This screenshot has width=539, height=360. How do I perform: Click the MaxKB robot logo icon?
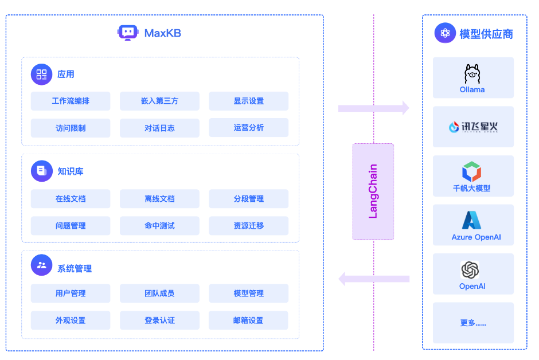[127, 33]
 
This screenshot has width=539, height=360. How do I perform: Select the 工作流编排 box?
[71, 101]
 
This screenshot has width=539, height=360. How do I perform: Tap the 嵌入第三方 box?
[159, 101]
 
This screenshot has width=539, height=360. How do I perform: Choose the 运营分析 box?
[248, 128]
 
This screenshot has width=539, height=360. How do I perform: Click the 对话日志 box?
[159, 128]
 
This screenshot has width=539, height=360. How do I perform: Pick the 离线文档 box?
[159, 199]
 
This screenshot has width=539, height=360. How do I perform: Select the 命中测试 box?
[159, 226]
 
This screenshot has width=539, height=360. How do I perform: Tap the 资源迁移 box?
[248, 226]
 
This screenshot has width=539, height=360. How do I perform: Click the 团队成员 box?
[159, 294]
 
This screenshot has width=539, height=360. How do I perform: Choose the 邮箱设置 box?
[248, 320]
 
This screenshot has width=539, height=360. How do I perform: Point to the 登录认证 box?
[159, 320]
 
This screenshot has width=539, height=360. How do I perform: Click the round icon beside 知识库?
[42, 171]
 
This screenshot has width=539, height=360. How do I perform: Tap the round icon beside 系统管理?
[42, 265]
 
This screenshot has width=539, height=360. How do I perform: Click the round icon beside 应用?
[42, 74]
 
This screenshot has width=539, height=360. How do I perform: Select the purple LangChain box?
[373, 191]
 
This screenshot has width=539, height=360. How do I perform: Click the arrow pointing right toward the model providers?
[373, 108]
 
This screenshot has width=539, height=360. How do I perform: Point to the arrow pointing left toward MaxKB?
[373, 279]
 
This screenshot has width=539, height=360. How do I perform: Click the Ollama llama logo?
[472, 74]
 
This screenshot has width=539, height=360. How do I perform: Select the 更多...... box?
[473, 323]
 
